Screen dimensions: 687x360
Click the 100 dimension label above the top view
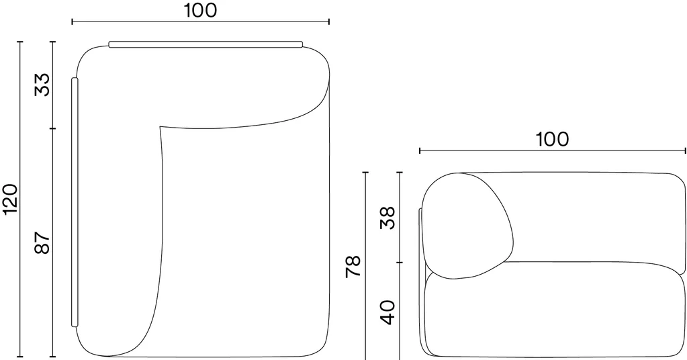(x=200, y=11)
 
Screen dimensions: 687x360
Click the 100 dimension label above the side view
(x=553, y=139)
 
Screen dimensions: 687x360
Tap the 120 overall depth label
(x=11, y=199)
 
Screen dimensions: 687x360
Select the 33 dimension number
(x=43, y=85)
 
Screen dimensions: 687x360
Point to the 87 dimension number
(x=43, y=242)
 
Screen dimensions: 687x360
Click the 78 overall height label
(x=353, y=266)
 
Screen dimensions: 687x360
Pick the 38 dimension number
(x=387, y=218)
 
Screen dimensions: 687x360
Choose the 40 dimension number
(x=387, y=312)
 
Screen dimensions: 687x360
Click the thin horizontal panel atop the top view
(x=205, y=44)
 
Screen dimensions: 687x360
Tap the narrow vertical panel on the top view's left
(x=75, y=202)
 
